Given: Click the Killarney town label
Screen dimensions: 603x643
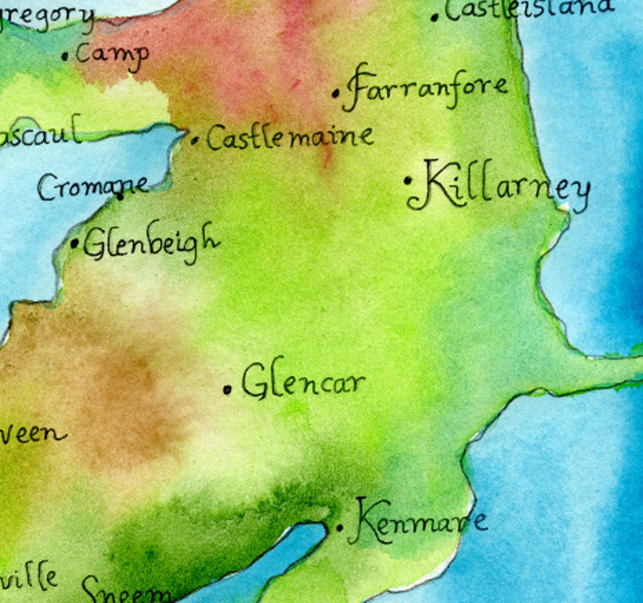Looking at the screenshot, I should [505, 187].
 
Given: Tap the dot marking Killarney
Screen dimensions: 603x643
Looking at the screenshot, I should [408, 181].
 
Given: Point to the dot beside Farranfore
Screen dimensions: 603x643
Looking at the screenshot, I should [336, 93].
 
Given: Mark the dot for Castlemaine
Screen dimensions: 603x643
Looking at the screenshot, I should [195, 140].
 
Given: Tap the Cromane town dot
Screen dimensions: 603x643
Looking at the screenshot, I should [120, 197].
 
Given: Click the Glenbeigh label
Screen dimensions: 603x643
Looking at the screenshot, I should [151, 243].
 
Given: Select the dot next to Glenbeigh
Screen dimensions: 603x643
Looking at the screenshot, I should [74, 244].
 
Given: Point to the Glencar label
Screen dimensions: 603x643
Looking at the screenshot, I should [303, 382].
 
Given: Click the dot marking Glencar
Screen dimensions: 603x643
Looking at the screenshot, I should [227, 389].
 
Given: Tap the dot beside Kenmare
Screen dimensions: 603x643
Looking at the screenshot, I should [340, 528].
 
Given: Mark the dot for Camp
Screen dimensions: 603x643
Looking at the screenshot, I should [65, 56].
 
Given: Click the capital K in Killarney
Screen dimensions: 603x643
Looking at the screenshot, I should [438, 184].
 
